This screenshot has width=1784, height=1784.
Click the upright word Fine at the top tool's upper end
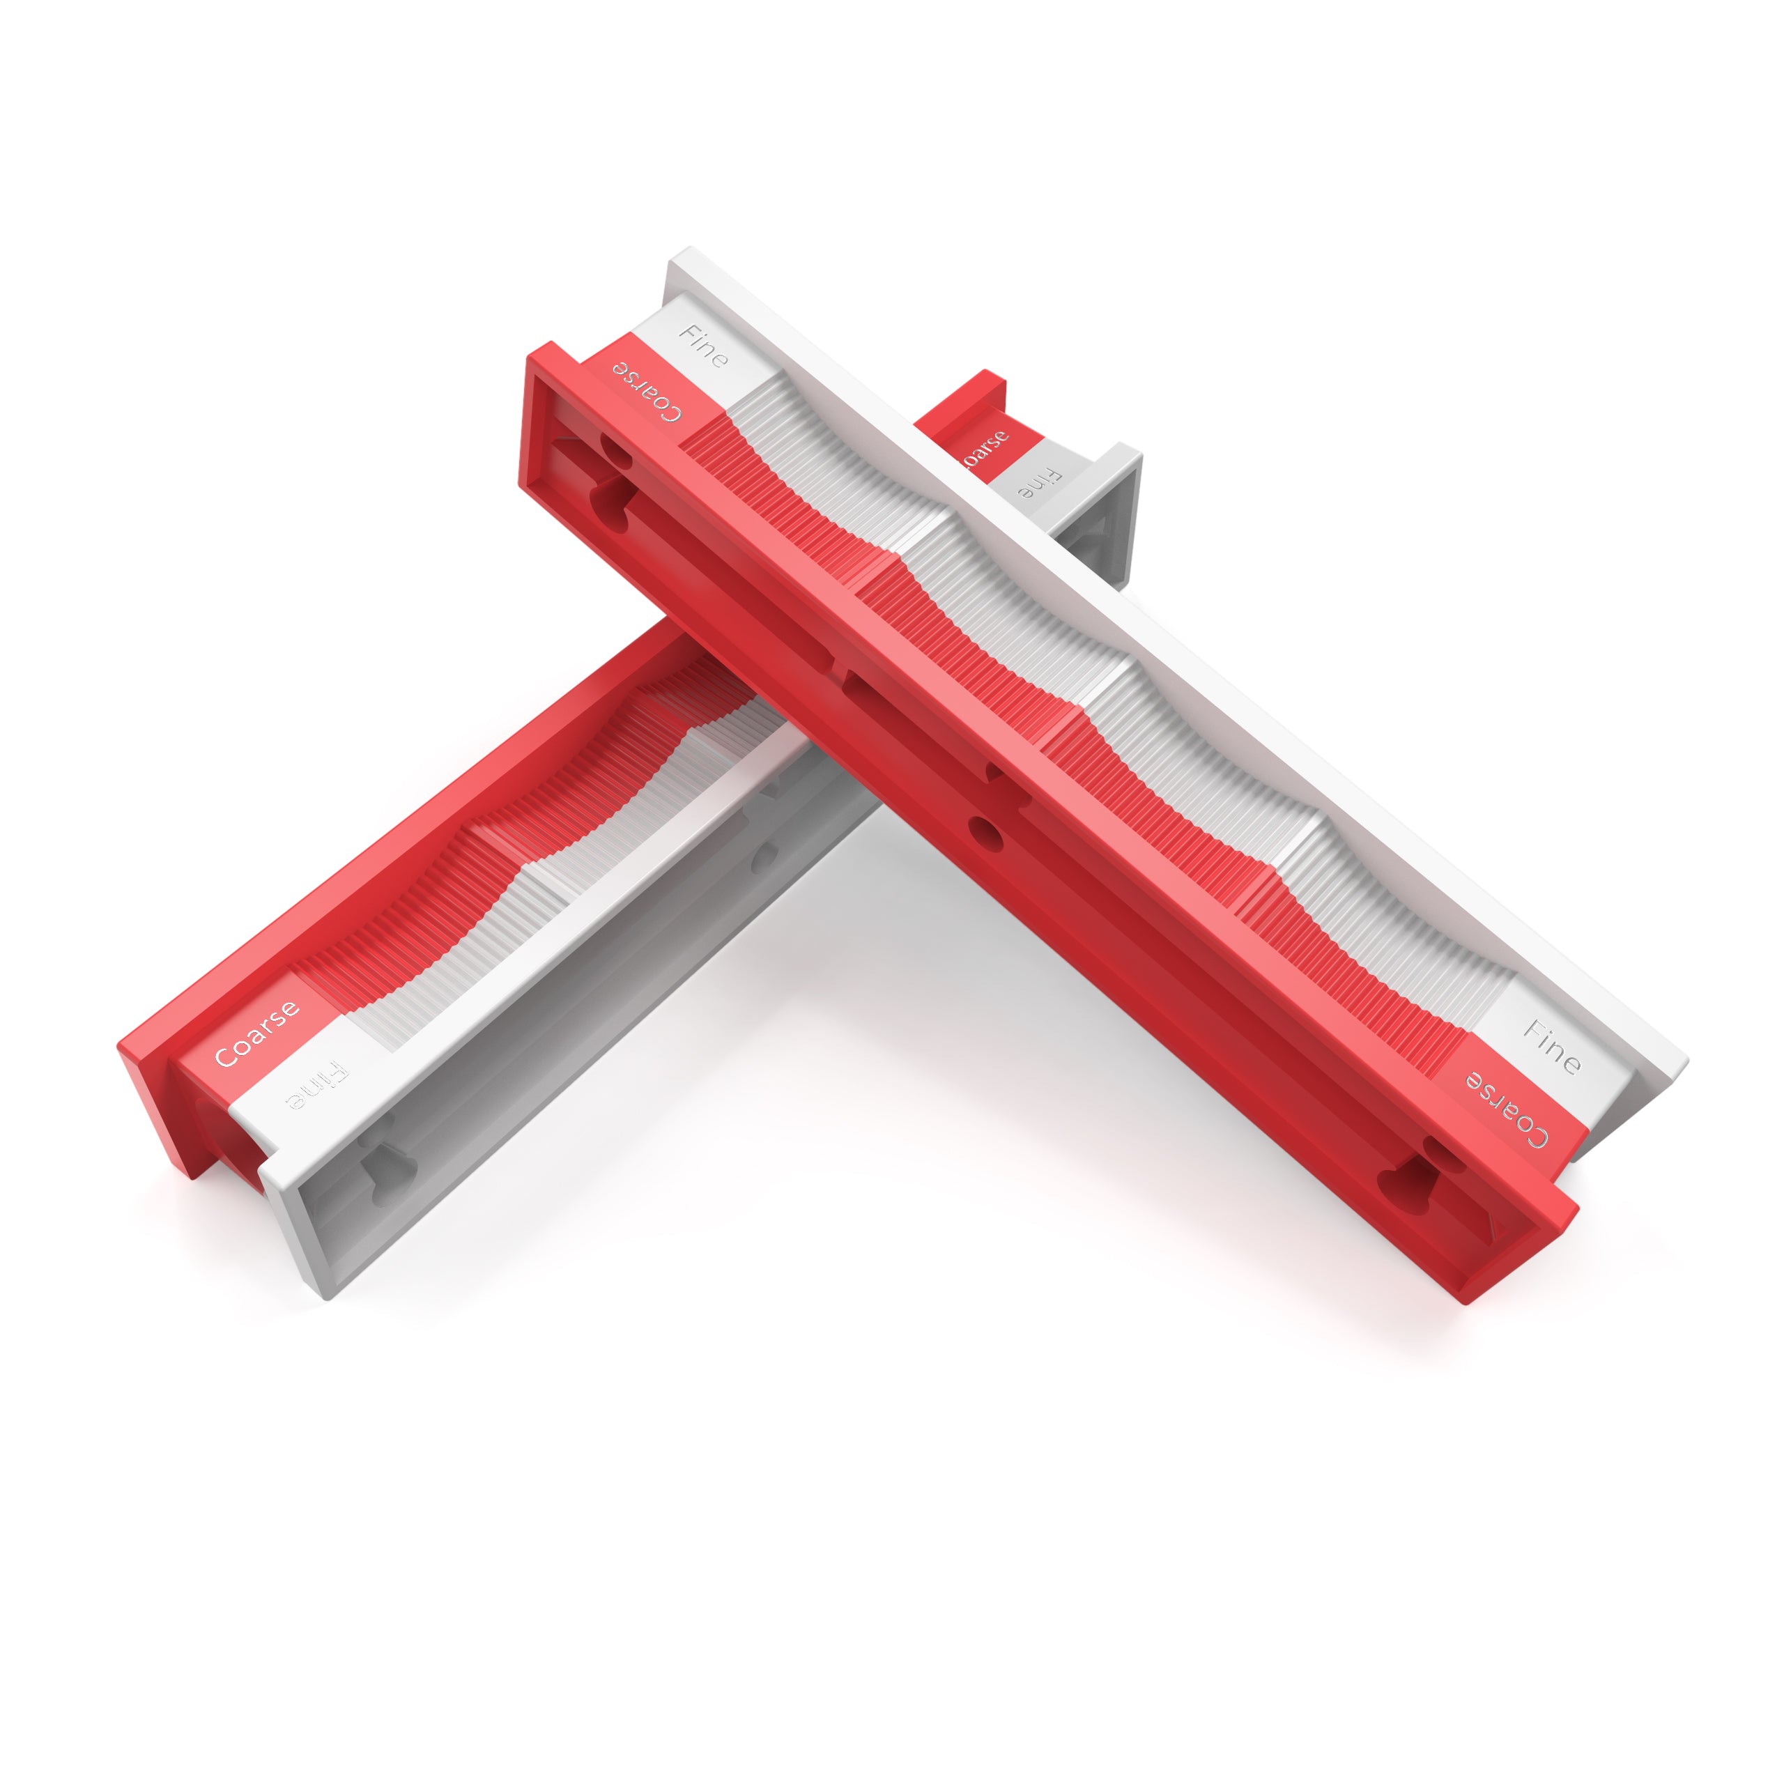704,346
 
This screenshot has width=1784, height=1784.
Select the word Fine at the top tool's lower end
1551,1046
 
